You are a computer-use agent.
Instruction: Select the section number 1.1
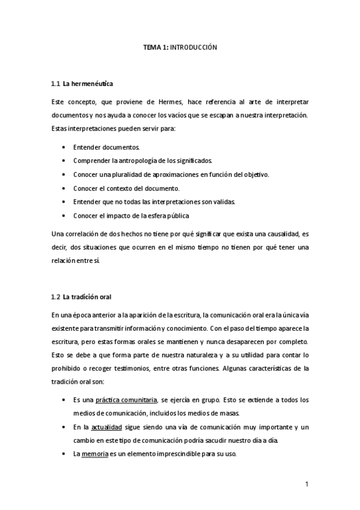click(x=56, y=84)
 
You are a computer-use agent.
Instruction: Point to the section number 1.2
click(x=56, y=296)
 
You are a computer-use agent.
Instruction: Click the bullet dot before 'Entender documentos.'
click(x=64, y=147)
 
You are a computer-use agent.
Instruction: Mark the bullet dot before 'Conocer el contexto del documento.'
click(x=64, y=188)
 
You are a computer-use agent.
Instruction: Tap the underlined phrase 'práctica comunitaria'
click(x=127, y=399)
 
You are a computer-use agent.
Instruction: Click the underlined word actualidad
click(x=106, y=426)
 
